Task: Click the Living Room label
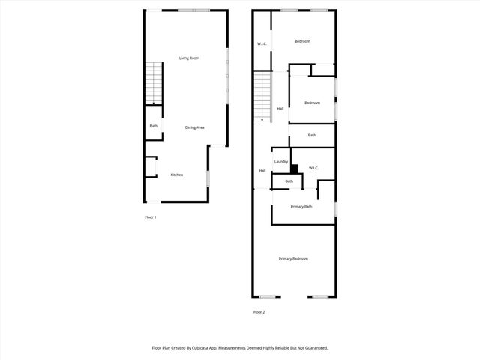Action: pyautogui.click(x=189, y=58)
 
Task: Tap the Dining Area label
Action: pyautogui.click(x=195, y=127)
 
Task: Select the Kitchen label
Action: pyautogui.click(x=177, y=175)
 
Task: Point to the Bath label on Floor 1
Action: pyautogui.click(x=154, y=126)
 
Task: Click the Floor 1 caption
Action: pyautogui.click(x=150, y=217)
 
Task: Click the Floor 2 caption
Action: pyautogui.click(x=259, y=312)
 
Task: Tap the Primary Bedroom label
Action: pyautogui.click(x=293, y=259)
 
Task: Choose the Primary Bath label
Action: pyautogui.click(x=301, y=206)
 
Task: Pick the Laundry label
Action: pyautogui.click(x=281, y=161)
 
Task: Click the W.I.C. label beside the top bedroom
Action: pyautogui.click(x=262, y=44)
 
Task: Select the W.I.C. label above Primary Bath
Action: pyautogui.click(x=314, y=168)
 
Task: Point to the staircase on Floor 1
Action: pyautogui.click(x=154, y=83)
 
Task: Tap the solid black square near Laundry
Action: pyautogui.click(x=295, y=169)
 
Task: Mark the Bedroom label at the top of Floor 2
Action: pyautogui.click(x=302, y=41)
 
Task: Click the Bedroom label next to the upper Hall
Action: pyautogui.click(x=312, y=103)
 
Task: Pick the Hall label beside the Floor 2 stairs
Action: pyautogui.click(x=280, y=109)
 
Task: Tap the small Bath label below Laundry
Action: pyautogui.click(x=289, y=181)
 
